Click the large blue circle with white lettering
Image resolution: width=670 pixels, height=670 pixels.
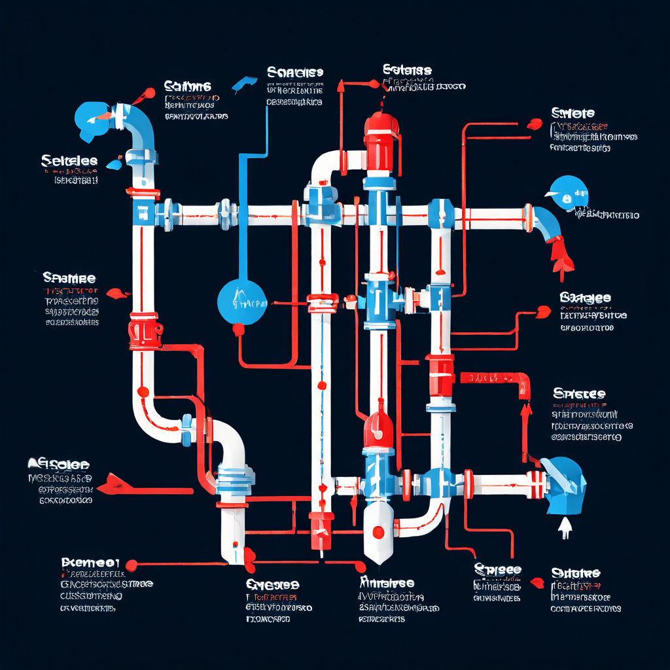coord(242,302)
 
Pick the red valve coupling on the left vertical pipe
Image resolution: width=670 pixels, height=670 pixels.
coord(143,330)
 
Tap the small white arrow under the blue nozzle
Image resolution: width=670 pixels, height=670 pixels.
coord(564,527)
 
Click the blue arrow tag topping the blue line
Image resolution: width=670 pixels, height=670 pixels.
coord(242,84)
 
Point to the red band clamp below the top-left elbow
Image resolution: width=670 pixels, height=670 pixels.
coord(143,194)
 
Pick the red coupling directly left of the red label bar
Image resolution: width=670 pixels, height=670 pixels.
coord(440,374)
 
